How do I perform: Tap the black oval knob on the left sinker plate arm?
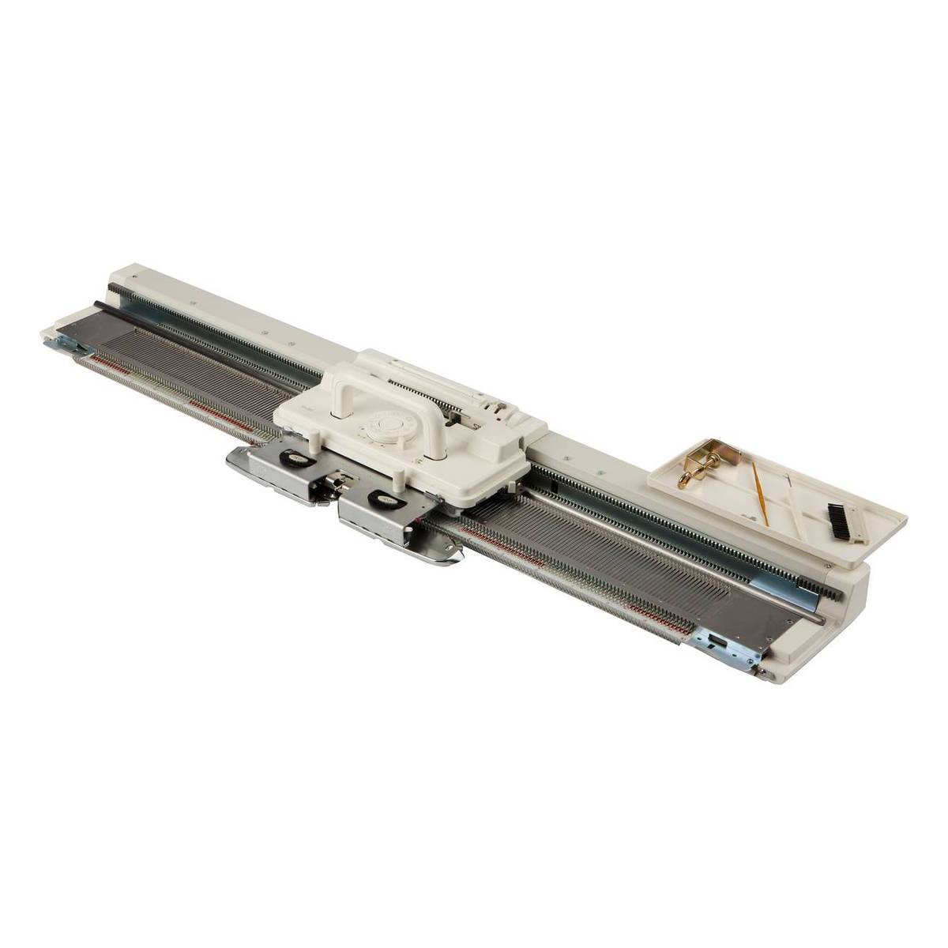[x=299, y=457]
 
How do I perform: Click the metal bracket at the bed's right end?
[x=724, y=641]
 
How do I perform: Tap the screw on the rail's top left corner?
[x=138, y=277]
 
